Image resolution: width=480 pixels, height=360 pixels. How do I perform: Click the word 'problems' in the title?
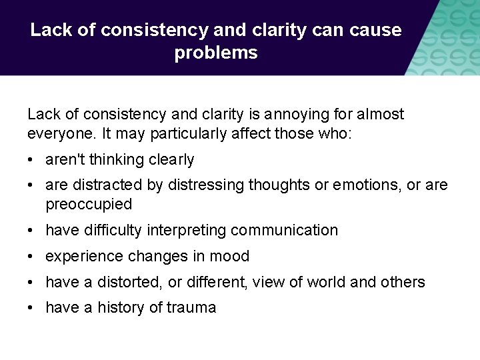coord(216,53)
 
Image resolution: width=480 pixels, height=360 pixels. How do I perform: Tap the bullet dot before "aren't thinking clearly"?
coord(31,160)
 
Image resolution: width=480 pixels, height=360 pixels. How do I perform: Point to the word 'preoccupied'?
coord(89,204)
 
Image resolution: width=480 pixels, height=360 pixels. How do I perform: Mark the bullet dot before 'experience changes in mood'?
coord(31,257)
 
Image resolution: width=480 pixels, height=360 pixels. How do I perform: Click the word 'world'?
coord(326,283)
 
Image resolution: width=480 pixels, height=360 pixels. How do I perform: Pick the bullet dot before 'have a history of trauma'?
coord(31,308)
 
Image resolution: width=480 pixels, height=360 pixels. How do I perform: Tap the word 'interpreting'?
coord(181,231)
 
